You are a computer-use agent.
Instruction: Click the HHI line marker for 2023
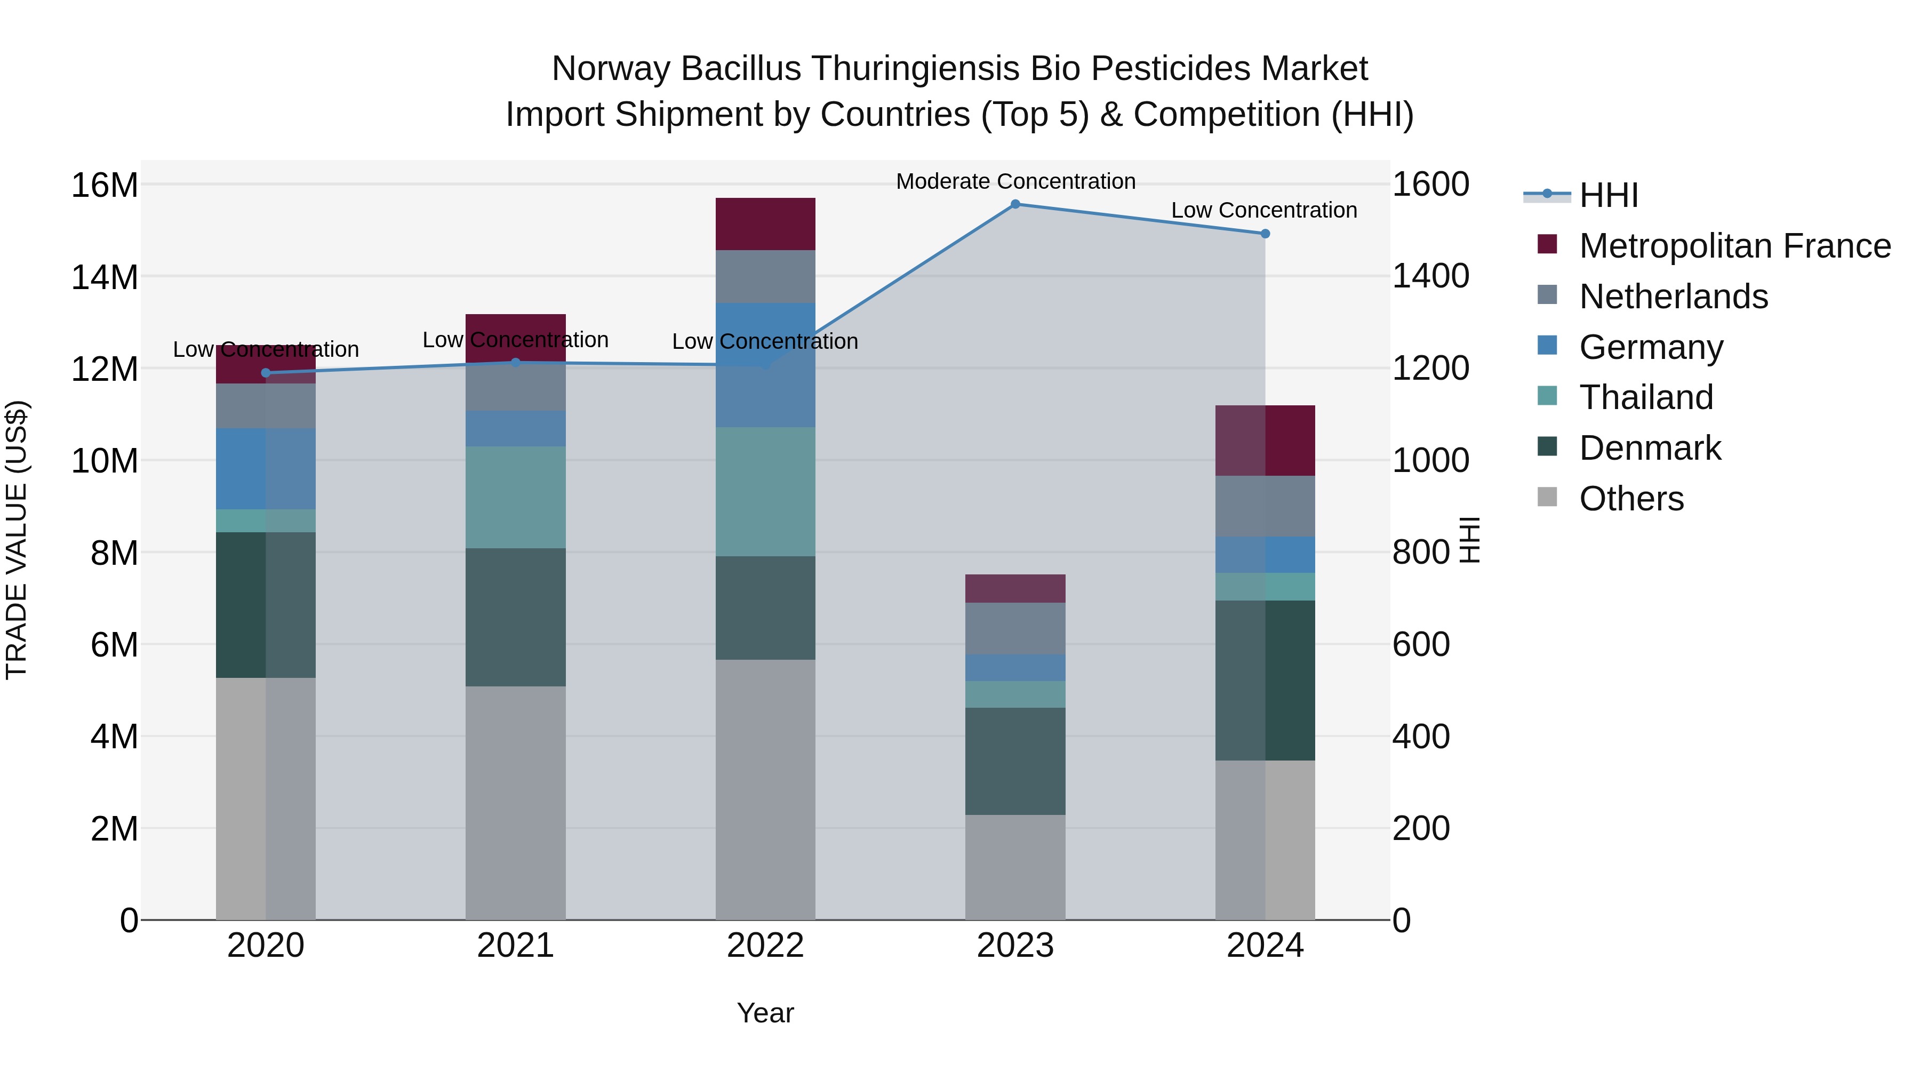coord(1015,204)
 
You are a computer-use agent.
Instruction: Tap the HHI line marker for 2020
coord(266,373)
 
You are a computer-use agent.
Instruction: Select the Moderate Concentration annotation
coord(1015,181)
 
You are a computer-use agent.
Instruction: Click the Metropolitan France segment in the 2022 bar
coord(765,223)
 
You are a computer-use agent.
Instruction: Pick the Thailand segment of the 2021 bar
coord(516,497)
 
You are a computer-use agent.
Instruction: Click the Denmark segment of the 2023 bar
coord(1015,761)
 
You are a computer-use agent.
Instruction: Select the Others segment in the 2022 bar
coord(765,789)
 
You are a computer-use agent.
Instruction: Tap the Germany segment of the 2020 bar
coord(266,469)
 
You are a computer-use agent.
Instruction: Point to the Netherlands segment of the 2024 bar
coord(1265,506)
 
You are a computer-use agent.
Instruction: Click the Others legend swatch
coord(1547,497)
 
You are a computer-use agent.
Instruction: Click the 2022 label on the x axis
coord(765,946)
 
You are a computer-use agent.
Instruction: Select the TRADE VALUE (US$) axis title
coord(17,540)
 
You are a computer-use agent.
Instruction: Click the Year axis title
coord(765,1013)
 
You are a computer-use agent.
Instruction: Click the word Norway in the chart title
coord(611,69)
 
